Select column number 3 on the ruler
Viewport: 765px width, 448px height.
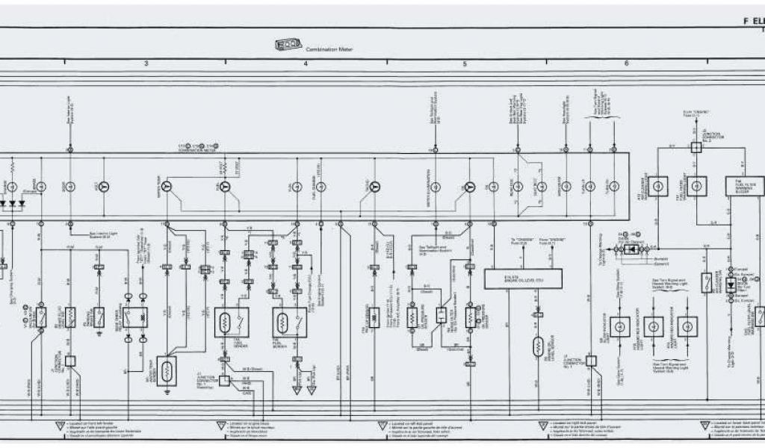(x=146, y=64)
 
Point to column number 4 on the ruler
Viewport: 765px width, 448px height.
(x=306, y=64)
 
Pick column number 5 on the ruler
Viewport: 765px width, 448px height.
(x=465, y=64)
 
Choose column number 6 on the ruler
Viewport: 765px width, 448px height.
(x=626, y=64)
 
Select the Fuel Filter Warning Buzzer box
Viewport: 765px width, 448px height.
(x=745, y=186)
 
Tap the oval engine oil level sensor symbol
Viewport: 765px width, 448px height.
(x=536, y=346)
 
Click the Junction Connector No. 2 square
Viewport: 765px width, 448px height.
(x=696, y=147)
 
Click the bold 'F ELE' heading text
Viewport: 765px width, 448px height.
(x=753, y=22)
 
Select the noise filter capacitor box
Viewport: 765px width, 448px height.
(x=631, y=249)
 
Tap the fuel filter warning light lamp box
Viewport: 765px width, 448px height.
(x=696, y=186)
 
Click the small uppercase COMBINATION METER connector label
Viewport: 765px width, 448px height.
(x=196, y=150)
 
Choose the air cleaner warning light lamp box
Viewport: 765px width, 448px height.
(x=657, y=186)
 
